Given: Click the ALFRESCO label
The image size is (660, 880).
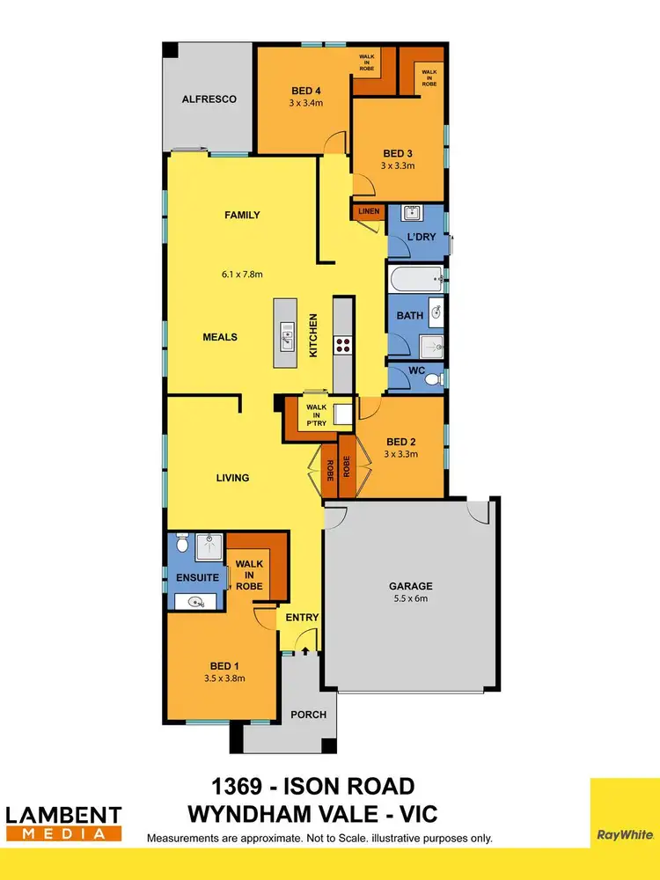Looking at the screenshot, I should pyautogui.click(x=209, y=99).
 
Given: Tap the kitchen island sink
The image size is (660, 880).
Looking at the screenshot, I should pyautogui.click(x=286, y=334).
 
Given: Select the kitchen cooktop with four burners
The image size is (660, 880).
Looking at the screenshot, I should pyautogui.click(x=341, y=344).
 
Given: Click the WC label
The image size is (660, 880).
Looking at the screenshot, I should pyautogui.click(x=418, y=371).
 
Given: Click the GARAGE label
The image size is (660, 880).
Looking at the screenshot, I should pyautogui.click(x=411, y=585).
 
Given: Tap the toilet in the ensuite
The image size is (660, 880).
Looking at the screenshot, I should pyautogui.click(x=181, y=544).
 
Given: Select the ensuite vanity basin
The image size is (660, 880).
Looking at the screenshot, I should pyautogui.click(x=195, y=602).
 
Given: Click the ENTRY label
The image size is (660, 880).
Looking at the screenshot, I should pyautogui.click(x=302, y=618).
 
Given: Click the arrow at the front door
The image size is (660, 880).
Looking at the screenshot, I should pyautogui.click(x=304, y=651).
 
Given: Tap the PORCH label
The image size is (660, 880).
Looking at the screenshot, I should pyautogui.click(x=309, y=715).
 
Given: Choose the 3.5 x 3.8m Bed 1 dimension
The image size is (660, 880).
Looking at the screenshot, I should pyautogui.click(x=222, y=678).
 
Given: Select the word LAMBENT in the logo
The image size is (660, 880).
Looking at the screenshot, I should pyautogui.click(x=63, y=814).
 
